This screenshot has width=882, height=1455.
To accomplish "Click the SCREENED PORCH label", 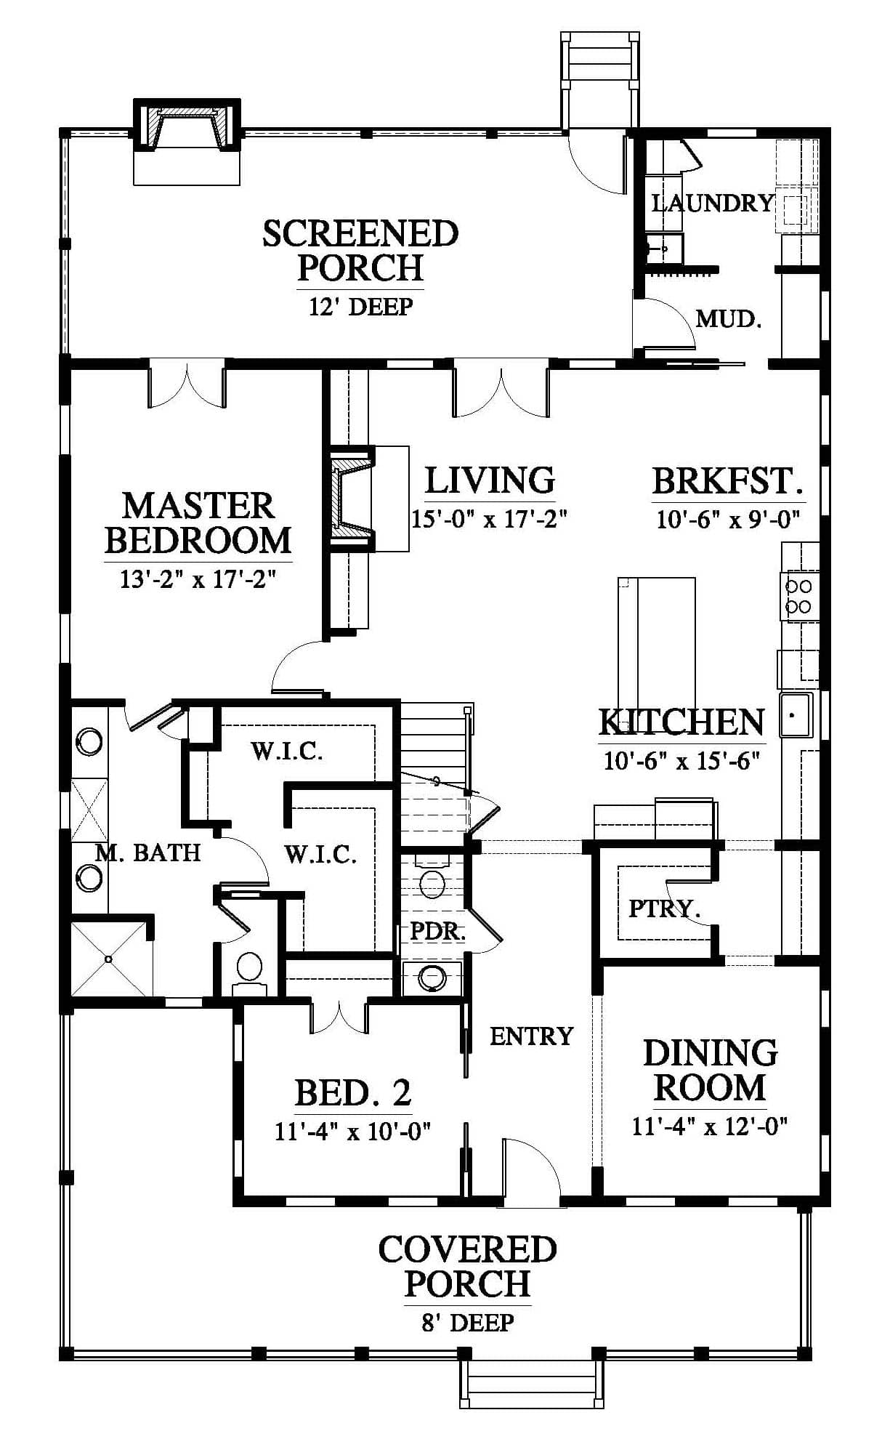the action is (360, 251).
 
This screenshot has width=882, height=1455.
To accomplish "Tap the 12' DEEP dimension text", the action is (361, 307).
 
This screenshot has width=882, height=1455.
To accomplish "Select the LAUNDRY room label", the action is (713, 203).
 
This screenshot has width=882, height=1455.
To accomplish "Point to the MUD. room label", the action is (729, 318).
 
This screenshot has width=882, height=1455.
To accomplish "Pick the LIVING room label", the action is (490, 480).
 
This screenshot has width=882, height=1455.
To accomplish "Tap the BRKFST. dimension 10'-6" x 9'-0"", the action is (728, 519).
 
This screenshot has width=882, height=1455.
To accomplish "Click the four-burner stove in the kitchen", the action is (800, 596).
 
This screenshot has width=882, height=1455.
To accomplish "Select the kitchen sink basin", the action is (796, 715).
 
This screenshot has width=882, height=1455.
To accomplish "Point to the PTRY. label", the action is (664, 908).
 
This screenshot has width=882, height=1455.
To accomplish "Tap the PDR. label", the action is (437, 932).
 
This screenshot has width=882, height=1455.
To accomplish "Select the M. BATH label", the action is (148, 853).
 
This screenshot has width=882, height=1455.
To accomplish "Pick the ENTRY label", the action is (532, 1036).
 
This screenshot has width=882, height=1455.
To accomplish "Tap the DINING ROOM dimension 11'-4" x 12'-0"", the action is (711, 1126).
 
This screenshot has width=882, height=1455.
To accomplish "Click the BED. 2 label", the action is (353, 1092).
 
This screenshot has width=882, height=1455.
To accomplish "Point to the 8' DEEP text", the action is (468, 1322).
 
